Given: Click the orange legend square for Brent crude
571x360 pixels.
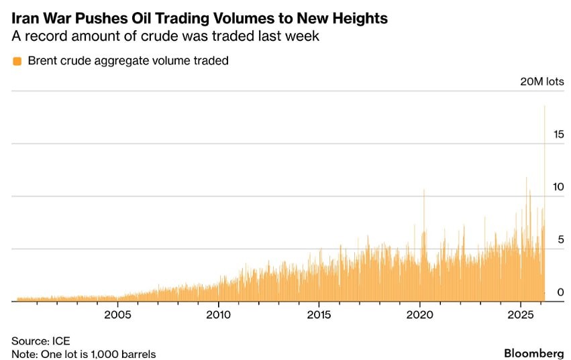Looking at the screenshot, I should [x=17, y=61].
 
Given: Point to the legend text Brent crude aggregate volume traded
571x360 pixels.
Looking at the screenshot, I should [x=128, y=61].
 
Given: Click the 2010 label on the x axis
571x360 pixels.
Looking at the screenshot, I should [x=218, y=314].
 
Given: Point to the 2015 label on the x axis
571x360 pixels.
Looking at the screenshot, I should [x=319, y=314].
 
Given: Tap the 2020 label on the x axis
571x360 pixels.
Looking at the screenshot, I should [x=419, y=314].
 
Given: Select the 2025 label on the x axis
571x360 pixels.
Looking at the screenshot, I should [x=521, y=314].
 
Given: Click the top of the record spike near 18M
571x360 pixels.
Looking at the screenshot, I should [x=544, y=107].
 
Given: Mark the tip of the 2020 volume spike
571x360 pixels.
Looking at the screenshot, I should [x=424, y=190].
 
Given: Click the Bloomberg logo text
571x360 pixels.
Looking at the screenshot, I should [x=533, y=353].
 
